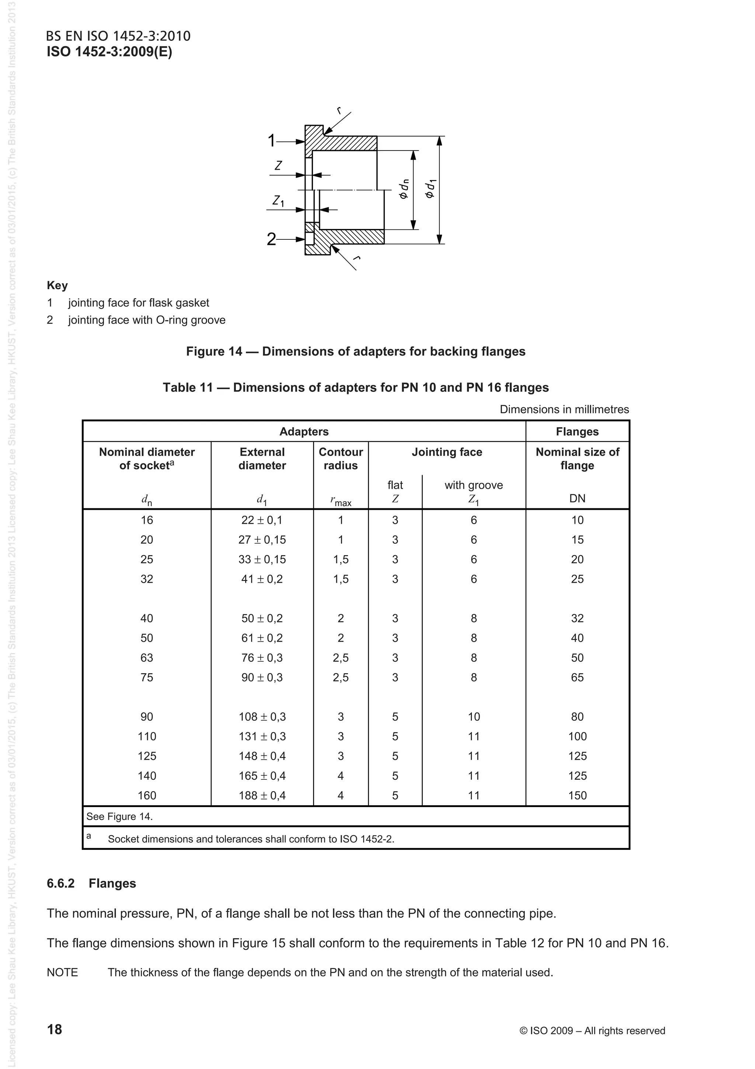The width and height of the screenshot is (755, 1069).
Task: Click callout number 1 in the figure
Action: [x=272, y=141]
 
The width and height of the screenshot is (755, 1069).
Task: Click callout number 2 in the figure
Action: [x=271, y=239]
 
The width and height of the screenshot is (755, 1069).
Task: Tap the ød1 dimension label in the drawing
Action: [x=430, y=188]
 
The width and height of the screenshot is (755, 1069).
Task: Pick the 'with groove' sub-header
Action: [x=474, y=485]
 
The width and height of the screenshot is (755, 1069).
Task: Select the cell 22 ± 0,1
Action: [x=262, y=520]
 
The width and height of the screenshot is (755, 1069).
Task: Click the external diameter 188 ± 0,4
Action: [x=262, y=795]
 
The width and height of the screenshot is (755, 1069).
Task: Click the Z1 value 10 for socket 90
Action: [x=474, y=717]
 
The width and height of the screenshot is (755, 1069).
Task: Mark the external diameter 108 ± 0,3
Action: [x=262, y=717]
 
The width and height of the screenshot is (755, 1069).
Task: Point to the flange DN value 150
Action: [x=577, y=795]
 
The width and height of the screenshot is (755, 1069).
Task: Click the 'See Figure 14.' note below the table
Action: [x=119, y=816]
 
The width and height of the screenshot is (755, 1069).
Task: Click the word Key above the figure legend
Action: [x=57, y=286]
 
